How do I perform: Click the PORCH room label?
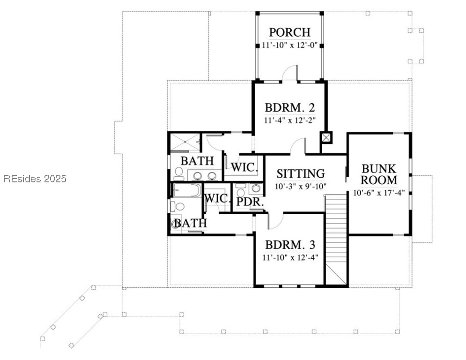coord(290,32)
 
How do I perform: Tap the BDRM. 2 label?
coord(290,107)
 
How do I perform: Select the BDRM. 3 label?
coord(290,245)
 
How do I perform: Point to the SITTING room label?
coord(301,173)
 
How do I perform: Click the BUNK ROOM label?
coord(379,174)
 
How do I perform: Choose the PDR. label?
coord(250,202)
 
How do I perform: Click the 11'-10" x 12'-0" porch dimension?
coord(290,45)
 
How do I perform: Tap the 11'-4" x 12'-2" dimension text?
coord(290,120)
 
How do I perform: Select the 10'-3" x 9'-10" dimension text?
coord(301,187)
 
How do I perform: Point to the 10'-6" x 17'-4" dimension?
coord(379,193)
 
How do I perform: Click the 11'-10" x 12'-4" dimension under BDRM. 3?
coord(290,257)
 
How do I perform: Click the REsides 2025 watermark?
coord(35,179)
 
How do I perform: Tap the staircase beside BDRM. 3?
coord(336,240)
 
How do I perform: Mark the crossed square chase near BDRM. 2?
coord(326,138)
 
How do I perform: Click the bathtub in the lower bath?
coord(187,190)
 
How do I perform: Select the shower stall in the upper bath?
coord(185,143)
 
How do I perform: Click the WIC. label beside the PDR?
coord(218,198)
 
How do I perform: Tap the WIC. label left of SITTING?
coord(244,167)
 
